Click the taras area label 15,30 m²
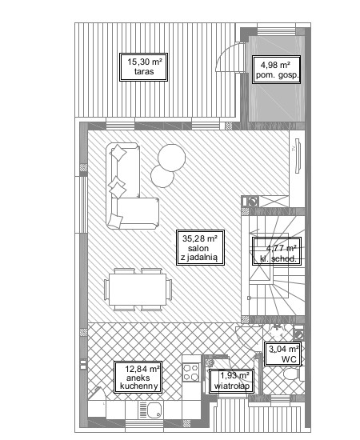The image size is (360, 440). tap(144, 67)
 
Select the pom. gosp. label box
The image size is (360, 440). tap(276, 70)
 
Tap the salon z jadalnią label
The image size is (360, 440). tap(200, 247)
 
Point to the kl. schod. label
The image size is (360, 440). tap(277, 251)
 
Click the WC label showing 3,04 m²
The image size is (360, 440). tap(283, 354)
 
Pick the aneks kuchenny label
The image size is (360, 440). tap(138, 377)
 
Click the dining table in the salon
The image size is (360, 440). tap(138, 290)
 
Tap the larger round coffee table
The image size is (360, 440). tap(172, 158)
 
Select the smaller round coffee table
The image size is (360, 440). tap(162, 176)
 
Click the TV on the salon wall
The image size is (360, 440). tap(298, 155)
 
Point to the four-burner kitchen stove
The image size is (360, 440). tap(191, 372)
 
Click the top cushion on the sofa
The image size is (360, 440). tap(118, 154)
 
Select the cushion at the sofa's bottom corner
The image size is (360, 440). tap(115, 221)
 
